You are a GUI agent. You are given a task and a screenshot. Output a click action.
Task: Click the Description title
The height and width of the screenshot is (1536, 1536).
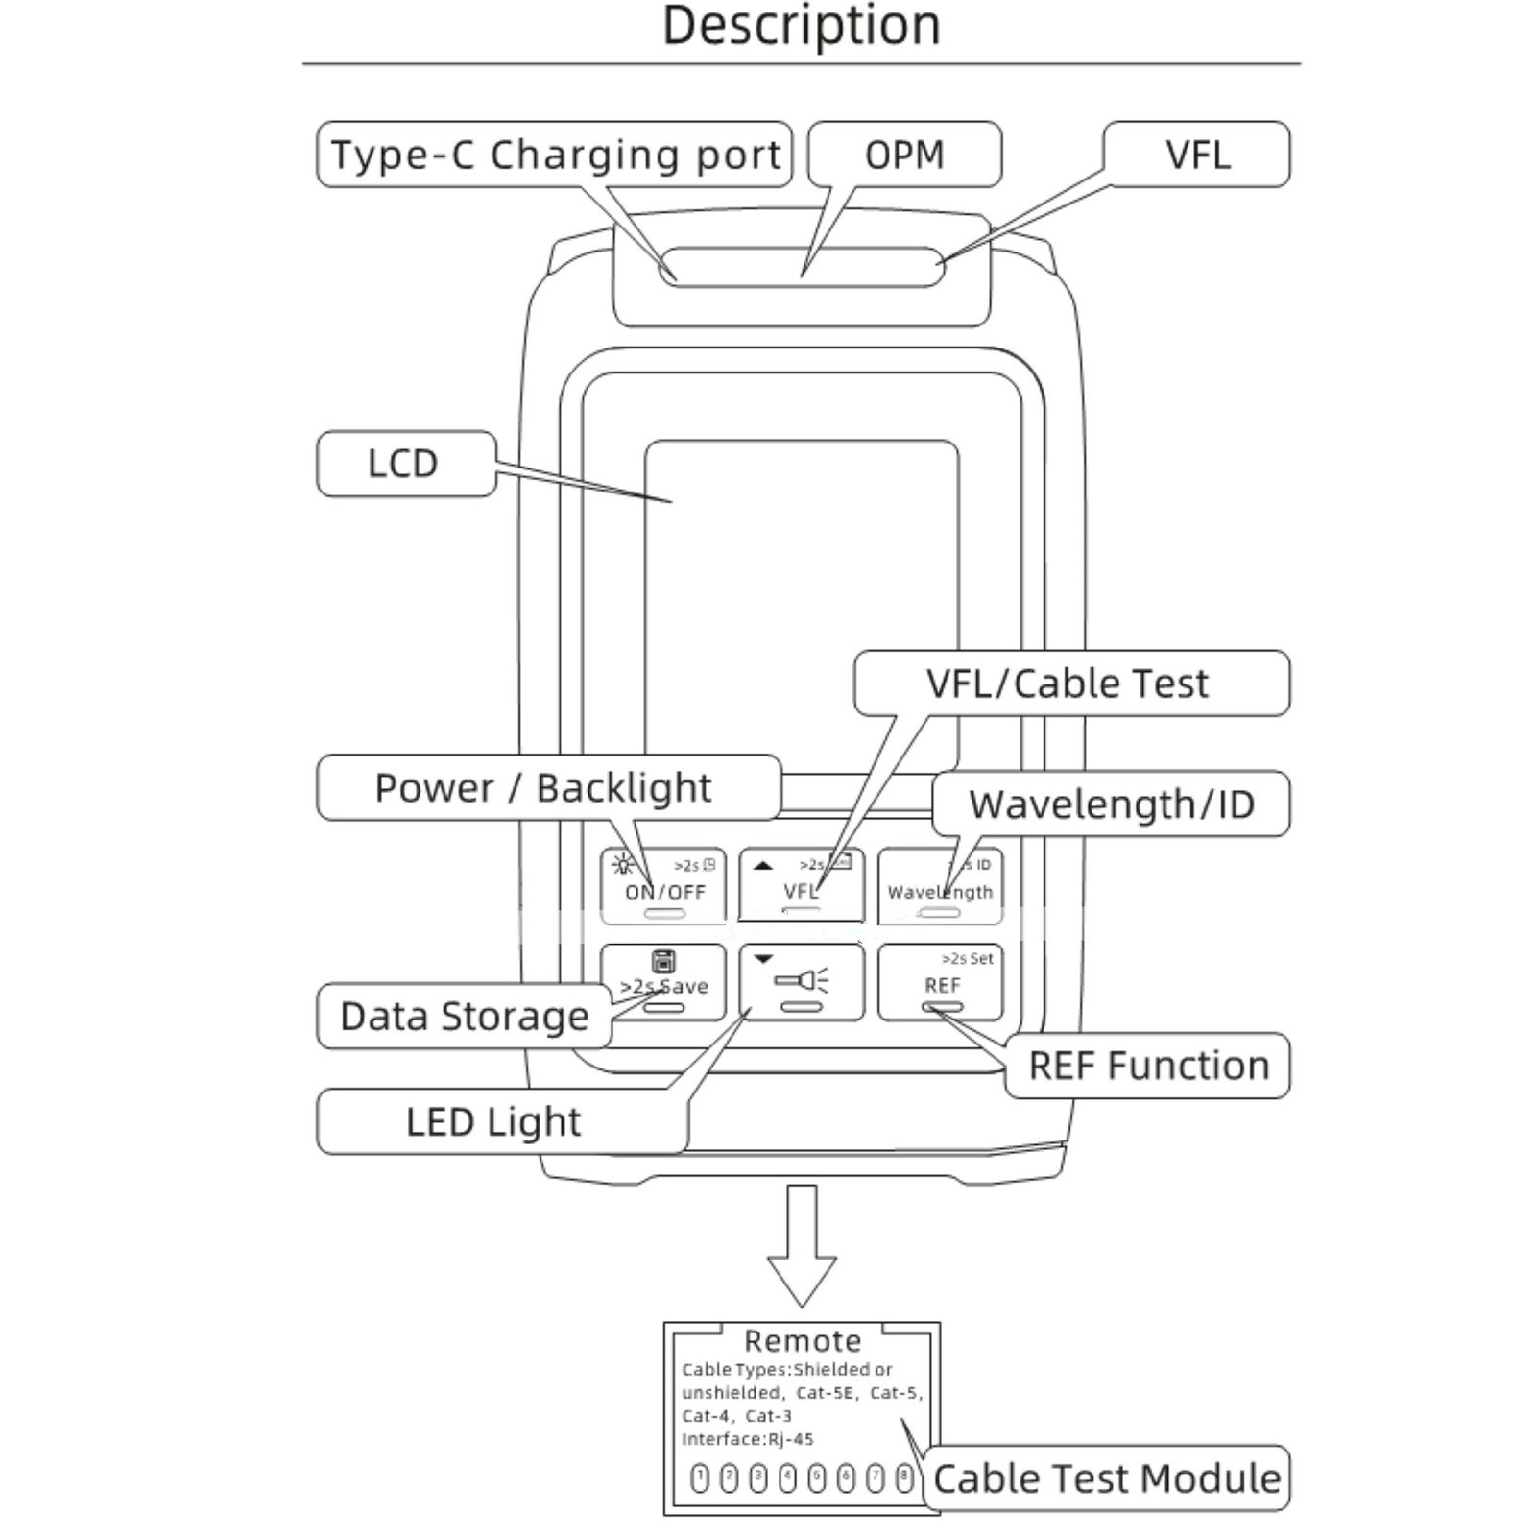(x=801, y=26)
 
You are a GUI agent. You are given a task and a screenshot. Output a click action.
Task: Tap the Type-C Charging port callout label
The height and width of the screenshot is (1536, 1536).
(x=554, y=155)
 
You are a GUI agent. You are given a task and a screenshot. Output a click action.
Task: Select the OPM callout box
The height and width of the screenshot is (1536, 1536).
(x=904, y=155)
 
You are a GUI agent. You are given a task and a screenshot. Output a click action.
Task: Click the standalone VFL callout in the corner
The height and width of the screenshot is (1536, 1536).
(x=1197, y=155)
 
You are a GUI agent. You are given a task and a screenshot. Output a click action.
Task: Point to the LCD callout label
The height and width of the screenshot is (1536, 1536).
(x=405, y=464)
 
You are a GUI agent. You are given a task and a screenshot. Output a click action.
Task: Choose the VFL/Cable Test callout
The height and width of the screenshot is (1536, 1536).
(x=1069, y=684)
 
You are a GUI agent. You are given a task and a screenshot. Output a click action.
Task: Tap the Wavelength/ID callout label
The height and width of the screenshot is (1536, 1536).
(x=1112, y=804)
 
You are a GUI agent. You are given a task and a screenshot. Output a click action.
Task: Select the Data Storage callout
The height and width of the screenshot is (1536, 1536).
(x=464, y=1016)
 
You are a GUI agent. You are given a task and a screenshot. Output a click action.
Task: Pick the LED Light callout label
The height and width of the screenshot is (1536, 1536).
(x=494, y=1121)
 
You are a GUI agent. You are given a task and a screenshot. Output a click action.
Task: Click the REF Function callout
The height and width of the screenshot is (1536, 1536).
(x=1148, y=1066)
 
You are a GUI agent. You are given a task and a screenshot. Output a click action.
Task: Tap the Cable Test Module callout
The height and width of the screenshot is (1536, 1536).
(x=1106, y=1478)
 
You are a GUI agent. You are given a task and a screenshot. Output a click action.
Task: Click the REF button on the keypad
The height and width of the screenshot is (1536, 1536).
(x=941, y=983)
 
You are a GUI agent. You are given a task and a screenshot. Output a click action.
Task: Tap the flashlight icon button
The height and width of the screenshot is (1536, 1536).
(x=802, y=982)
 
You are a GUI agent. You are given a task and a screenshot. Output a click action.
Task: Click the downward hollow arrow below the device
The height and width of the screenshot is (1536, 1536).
(x=802, y=1248)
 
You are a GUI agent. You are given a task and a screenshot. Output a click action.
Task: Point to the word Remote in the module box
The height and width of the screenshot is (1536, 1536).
(x=803, y=1340)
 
